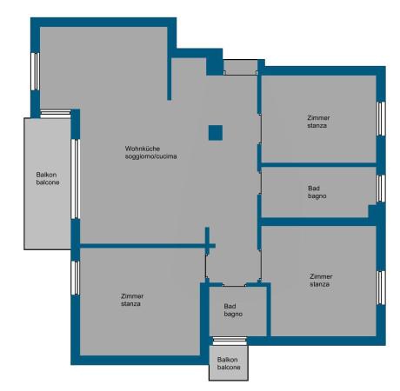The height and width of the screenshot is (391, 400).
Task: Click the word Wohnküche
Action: (143, 149)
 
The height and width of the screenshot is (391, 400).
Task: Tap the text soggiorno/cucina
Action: (150, 156)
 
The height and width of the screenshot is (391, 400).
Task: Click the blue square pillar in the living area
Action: (216, 133)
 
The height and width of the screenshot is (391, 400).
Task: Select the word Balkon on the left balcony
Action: (46, 175)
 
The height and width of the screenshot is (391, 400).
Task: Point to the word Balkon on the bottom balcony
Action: (228, 360)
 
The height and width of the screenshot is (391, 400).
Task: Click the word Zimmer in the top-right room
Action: (318, 118)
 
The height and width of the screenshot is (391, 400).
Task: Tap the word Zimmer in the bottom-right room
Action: (321, 276)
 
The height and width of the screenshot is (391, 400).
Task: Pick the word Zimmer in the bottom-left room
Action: (132, 296)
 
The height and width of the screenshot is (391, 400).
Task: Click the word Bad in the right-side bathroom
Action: (314, 189)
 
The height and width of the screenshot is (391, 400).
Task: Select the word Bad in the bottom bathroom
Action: (230, 307)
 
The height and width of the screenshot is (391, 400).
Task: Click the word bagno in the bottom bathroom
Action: (233, 314)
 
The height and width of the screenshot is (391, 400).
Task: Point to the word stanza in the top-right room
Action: (317, 125)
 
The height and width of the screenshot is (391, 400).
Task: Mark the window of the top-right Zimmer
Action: (381, 118)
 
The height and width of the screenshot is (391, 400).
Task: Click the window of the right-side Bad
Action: (381, 189)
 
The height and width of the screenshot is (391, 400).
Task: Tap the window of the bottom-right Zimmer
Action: (381, 288)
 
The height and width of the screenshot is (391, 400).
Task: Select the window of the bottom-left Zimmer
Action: (76, 278)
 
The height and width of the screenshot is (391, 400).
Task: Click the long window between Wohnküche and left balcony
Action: (76, 179)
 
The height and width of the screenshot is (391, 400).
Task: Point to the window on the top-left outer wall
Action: (36, 71)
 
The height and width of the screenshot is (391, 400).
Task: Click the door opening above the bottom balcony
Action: (230, 341)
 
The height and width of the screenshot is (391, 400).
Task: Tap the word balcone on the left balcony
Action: (48, 182)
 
